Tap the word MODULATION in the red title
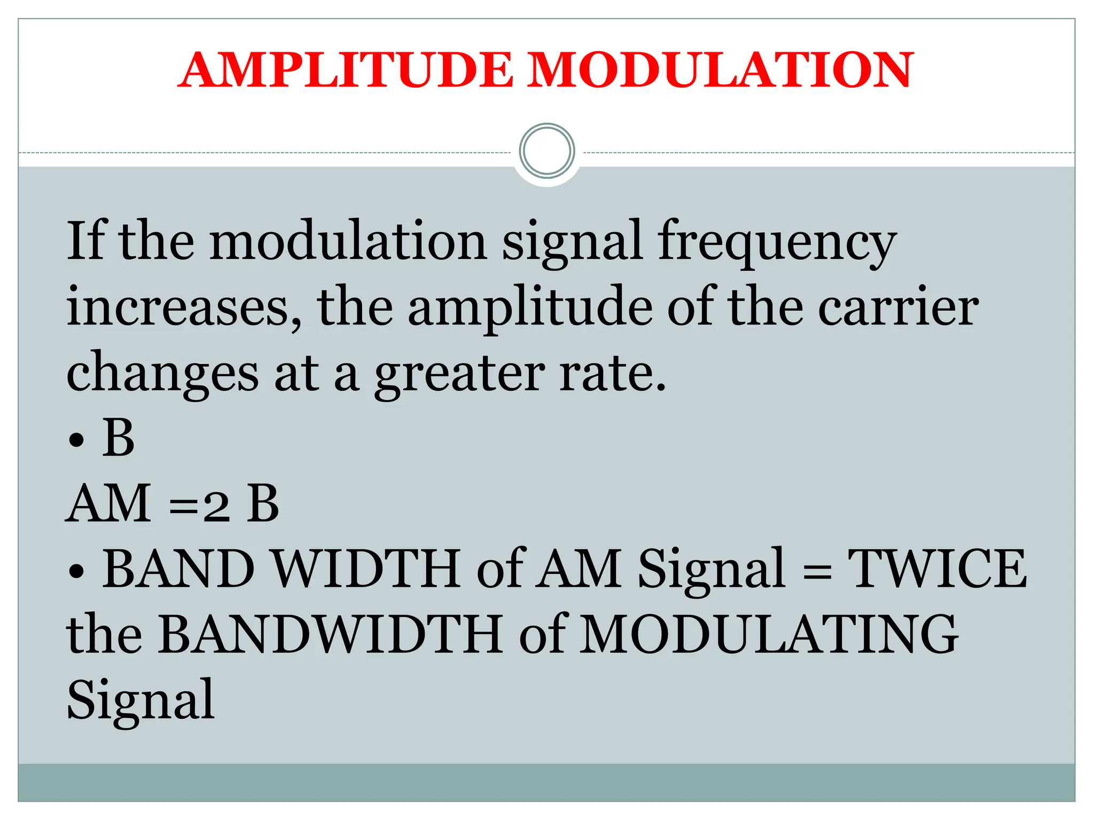tap(721, 70)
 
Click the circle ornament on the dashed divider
tap(546, 151)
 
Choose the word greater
tap(459, 374)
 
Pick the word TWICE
tap(937, 569)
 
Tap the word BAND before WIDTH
tap(178, 569)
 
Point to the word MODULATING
tap(769, 635)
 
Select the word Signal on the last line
tap(140, 700)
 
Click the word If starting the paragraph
tap(85, 240)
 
